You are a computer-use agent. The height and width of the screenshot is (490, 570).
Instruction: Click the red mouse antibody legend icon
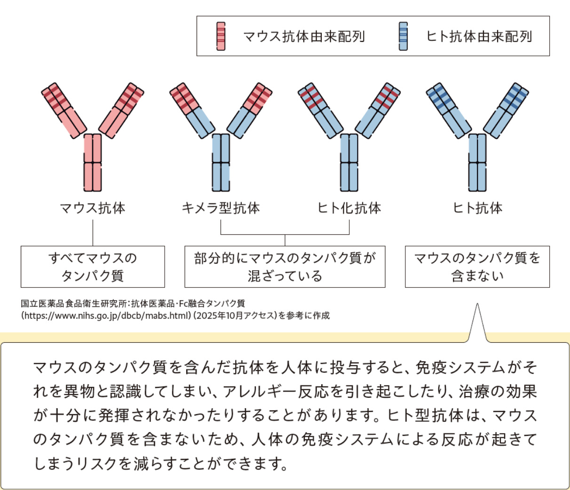click(221, 36)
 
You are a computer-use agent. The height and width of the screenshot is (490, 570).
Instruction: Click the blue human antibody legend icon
click(403, 36)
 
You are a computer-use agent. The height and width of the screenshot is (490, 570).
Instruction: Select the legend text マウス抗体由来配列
click(304, 36)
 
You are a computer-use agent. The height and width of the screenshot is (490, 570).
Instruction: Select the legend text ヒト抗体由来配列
click(479, 36)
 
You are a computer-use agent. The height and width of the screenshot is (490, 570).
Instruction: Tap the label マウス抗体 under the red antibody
click(93, 208)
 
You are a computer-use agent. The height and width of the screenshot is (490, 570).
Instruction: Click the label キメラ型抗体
click(221, 208)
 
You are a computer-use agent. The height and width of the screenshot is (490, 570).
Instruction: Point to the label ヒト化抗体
click(349, 208)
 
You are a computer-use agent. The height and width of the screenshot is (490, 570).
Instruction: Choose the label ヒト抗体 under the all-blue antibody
click(477, 208)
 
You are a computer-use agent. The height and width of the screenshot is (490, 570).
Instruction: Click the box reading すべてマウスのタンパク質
click(93, 266)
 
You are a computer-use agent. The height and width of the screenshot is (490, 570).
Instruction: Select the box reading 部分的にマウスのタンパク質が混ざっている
click(285, 266)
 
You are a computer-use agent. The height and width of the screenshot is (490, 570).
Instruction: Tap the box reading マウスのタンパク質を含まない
click(477, 266)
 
